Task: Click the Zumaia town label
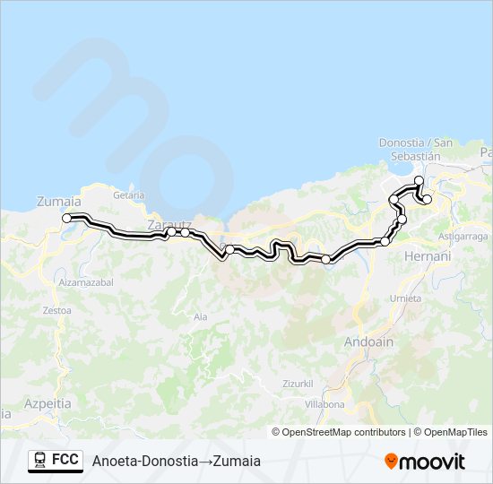click(58, 202)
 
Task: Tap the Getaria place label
click(129, 194)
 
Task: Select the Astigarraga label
click(463, 236)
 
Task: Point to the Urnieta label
click(406, 298)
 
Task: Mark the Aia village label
click(200, 316)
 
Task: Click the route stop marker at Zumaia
click(66, 218)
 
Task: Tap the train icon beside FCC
click(40, 460)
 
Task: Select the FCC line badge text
click(65, 460)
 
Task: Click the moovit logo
click(425, 462)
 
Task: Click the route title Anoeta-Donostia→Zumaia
click(176, 461)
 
